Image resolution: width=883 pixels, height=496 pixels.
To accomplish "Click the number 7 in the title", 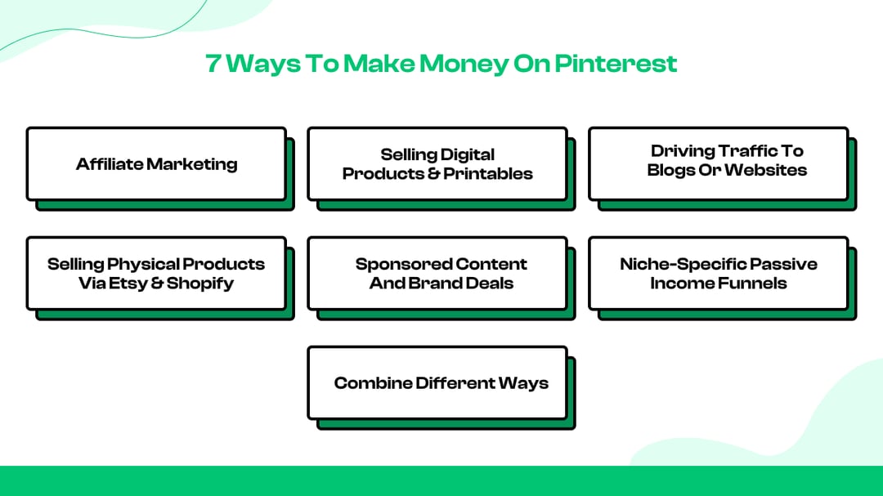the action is (214, 63).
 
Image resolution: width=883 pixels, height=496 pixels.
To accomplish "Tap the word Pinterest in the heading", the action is (616, 63).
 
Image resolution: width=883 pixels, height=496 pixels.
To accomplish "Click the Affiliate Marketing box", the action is (156, 163).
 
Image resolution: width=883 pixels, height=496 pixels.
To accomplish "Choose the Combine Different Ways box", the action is (437, 383).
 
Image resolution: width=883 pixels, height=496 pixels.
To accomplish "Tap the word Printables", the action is (487, 173).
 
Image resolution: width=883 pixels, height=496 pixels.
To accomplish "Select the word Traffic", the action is (746, 151).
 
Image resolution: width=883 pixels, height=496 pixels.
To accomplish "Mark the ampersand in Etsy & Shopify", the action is (157, 284).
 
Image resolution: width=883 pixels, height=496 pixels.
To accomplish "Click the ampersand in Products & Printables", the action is (434, 173).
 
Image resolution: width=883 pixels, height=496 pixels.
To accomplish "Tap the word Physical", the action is (143, 264).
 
